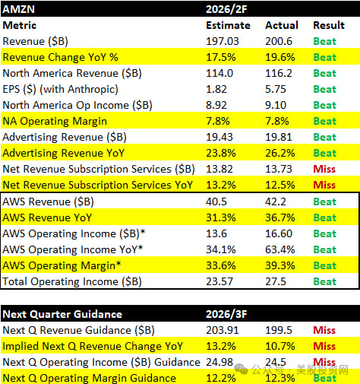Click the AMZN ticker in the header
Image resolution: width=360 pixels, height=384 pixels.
pyautogui.click(x=18, y=9)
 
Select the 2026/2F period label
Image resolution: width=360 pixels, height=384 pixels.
pyautogui.click(x=226, y=9)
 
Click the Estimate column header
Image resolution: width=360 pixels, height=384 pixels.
pyautogui.click(x=228, y=25)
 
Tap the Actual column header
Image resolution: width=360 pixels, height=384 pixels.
pyautogui.click(x=282, y=25)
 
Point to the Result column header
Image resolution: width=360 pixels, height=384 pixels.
pyautogui.click(x=329, y=25)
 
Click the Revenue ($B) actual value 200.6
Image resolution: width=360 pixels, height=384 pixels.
pyautogui.click(x=279, y=41)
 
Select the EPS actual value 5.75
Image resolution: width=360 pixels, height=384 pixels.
pyautogui.click(x=276, y=89)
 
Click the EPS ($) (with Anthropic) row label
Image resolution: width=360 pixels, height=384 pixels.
pyautogui.click(x=60, y=90)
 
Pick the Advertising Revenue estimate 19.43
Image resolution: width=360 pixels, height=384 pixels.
pyautogui.click(x=219, y=137)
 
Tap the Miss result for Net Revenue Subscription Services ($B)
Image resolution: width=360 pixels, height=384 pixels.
pyautogui.click(x=324, y=169)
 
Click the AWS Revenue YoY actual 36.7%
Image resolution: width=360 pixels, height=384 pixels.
pyautogui.click(x=280, y=217)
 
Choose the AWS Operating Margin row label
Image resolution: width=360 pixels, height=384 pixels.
pyautogui.click(x=62, y=266)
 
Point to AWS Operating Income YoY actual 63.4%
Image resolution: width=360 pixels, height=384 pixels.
pyautogui.click(x=280, y=249)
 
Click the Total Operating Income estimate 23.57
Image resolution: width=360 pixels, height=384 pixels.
pyautogui.click(x=219, y=281)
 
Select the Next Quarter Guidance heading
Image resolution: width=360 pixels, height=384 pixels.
pyautogui.click(x=62, y=314)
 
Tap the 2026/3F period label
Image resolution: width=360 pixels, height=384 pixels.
pyautogui.click(x=226, y=314)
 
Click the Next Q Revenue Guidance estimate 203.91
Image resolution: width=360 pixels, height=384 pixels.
pyautogui.click(x=223, y=330)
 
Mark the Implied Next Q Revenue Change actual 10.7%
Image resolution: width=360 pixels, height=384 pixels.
pyautogui.click(x=280, y=346)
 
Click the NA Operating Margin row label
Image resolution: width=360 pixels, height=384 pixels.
pyautogui.click(x=55, y=122)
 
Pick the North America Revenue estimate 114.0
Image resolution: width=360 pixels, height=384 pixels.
pyautogui.click(x=219, y=73)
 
